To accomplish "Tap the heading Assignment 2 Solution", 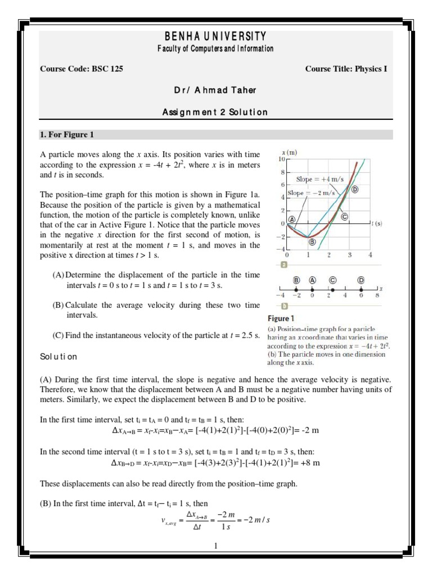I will [215, 112].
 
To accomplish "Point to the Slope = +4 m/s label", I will [318, 179].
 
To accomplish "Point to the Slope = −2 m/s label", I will [308, 193].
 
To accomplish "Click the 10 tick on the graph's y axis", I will [282, 160].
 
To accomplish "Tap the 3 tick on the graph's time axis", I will [349, 255].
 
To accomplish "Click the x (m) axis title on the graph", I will [290, 152].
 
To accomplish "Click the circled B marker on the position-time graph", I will [312, 242].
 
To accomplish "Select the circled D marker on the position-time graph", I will [355, 190].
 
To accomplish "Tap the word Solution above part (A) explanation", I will [58, 357].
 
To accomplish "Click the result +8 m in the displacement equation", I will [308, 463].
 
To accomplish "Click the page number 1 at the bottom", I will [215, 545].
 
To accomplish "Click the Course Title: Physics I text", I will [346, 69].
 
